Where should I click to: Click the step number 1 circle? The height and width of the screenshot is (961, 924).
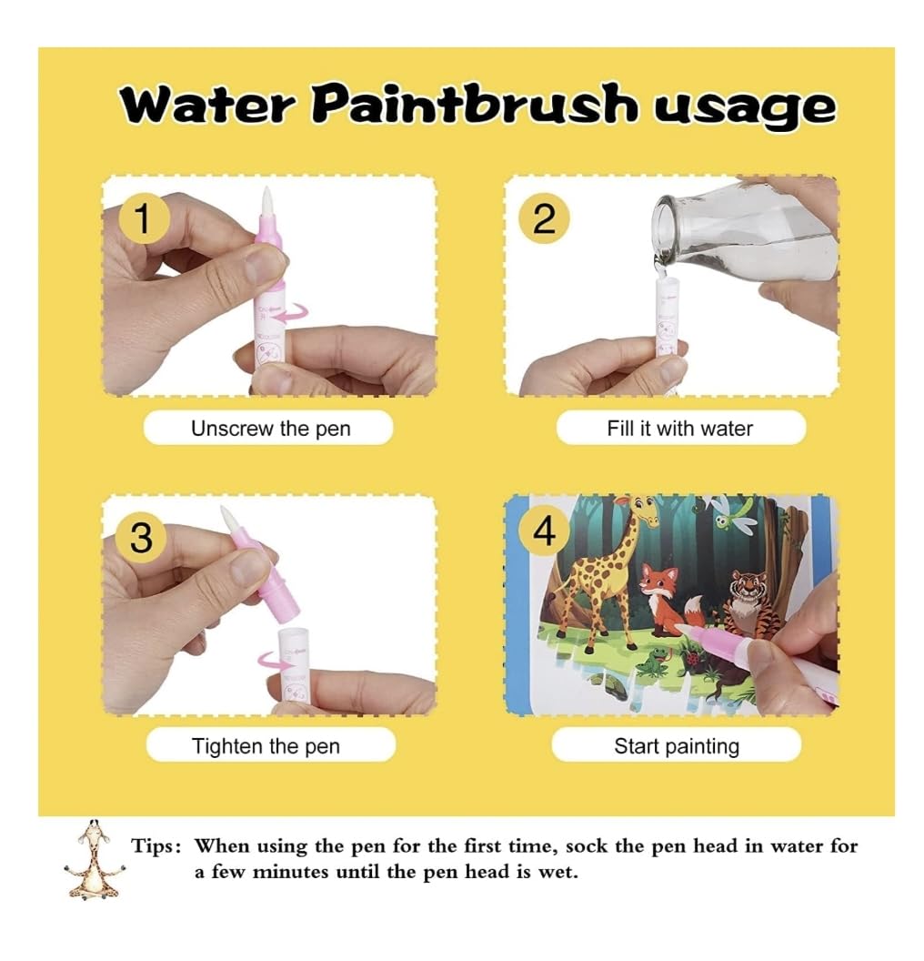point(143,218)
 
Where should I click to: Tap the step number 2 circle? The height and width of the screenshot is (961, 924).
point(544,218)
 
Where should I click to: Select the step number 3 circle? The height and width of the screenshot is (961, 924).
point(141,538)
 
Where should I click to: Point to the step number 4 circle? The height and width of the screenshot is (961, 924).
point(544,531)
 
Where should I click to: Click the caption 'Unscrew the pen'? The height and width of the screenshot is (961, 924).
point(271,429)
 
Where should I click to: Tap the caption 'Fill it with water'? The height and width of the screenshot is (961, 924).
point(679,428)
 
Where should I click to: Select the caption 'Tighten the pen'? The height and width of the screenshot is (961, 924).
point(266,746)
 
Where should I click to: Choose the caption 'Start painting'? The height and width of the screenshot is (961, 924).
point(677,746)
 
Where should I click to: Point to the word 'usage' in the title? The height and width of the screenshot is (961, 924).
point(743,109)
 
